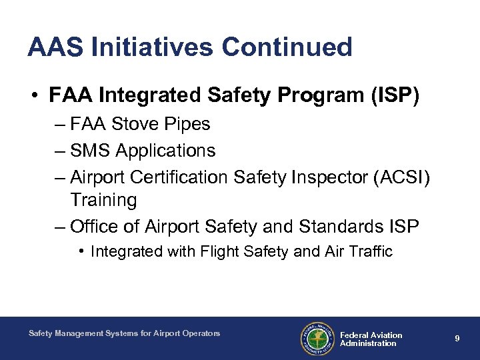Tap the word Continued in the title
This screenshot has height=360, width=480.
click(x=287, y=47)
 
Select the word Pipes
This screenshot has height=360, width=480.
click(x=189, y=125)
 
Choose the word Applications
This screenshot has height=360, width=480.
click(x=165, y=151)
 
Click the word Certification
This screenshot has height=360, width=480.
click(x=182, y=178)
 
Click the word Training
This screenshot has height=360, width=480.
click(x=103, y=200)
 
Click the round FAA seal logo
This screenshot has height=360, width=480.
click(x=315, y=339)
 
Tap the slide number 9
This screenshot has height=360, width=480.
click(x=457, y=339)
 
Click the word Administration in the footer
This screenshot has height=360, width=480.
click(x=368, y=343)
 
